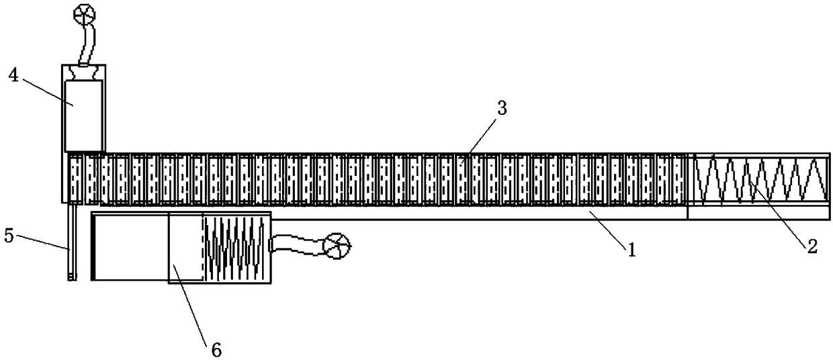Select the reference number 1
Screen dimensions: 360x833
631,250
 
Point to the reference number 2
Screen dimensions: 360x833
812,246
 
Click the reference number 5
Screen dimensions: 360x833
8,236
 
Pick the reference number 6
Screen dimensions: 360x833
216,349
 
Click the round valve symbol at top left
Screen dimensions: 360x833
85,13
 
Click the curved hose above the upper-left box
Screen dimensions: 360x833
87,44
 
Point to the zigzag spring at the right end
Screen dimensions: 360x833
759,180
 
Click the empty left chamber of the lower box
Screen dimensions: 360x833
130,247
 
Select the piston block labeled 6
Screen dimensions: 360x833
185,247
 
